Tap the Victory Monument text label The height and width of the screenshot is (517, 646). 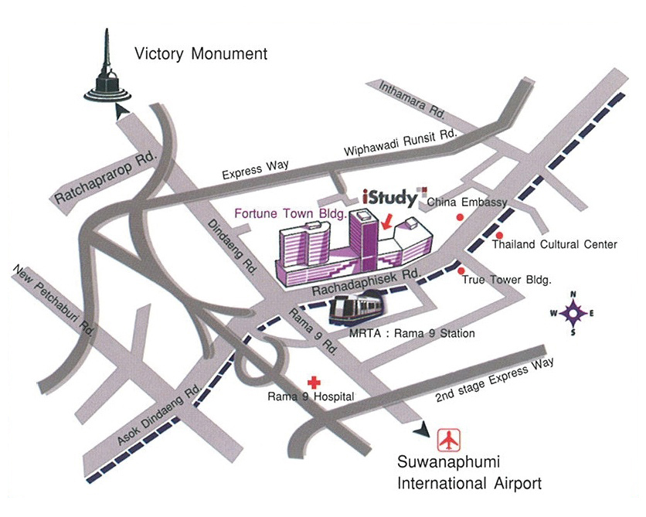(x=200, y=54)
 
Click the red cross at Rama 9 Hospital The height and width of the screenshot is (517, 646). (x=314, y=382)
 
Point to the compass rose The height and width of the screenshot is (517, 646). (x=573, y=313)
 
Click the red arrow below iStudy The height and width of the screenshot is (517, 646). (x=386, y=223)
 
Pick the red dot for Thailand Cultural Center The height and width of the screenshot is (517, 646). (x=499, y=235)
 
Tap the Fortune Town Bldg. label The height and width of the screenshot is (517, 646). (x=290, y=209)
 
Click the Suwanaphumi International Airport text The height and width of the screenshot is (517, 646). (x=468, y=473)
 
